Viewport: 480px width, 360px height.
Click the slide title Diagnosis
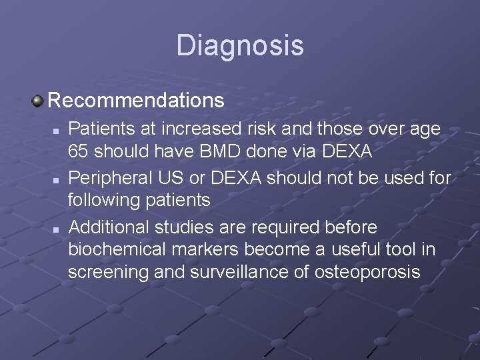[240, 46]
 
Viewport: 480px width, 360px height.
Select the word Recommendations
[136, 101]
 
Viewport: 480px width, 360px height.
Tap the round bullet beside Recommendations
[38, 101]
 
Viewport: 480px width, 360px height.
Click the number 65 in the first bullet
[79, 152]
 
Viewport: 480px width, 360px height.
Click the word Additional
[109, 227]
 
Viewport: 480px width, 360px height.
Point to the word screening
[105, 273]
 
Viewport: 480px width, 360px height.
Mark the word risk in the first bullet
[251, 129]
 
